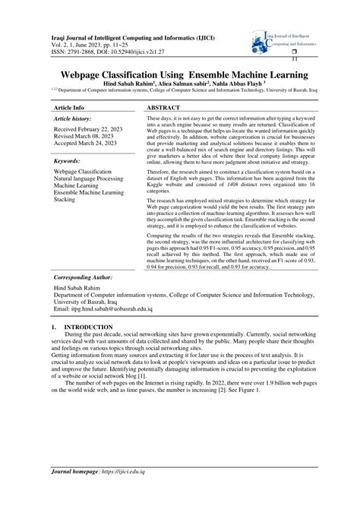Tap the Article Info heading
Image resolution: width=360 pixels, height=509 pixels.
coord(68,109)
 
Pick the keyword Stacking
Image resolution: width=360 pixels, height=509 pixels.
coord(65,199)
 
